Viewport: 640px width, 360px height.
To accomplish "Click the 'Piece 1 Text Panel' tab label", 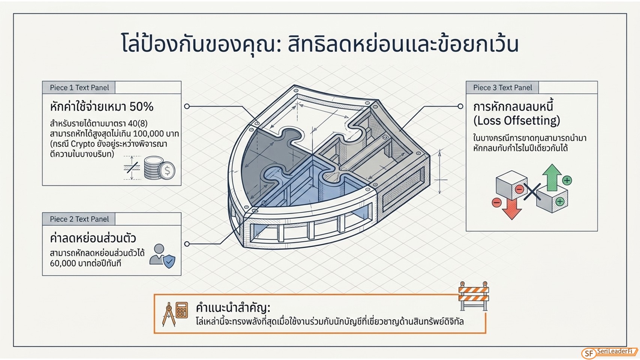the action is [79, 87].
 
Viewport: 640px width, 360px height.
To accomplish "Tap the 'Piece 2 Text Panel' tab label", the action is [79, 219].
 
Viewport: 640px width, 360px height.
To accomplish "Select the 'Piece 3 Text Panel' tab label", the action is [502, 87].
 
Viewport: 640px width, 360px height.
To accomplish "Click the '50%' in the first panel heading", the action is [141, 107].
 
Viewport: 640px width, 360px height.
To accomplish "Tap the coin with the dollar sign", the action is [167, 171].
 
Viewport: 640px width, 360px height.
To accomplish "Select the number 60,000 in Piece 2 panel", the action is [63, 263].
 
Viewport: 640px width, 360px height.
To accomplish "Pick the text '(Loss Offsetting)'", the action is [517, 121].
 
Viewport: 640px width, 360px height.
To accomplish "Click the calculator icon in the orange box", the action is [182, 310].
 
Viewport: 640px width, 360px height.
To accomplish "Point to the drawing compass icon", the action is [169, 314].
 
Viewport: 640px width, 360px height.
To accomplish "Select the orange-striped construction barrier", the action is [474, 296].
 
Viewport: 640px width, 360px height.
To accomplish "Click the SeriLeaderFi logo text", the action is [615, 351].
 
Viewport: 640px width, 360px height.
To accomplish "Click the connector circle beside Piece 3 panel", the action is [460, 106].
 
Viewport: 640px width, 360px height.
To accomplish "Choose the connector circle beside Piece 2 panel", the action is [187, 244].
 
